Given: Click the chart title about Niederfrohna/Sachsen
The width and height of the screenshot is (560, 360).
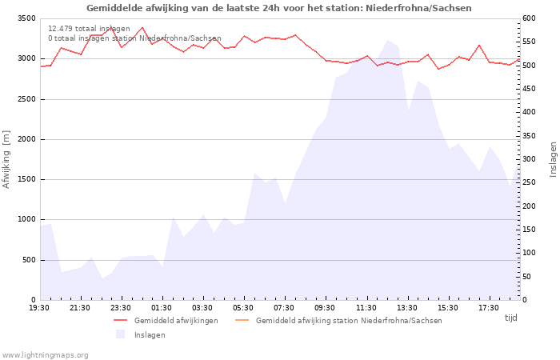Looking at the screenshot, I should tap(278, 8).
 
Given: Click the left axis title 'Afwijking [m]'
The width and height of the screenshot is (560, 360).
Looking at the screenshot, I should tap(6, 160).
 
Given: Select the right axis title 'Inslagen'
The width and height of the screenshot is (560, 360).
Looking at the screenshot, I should tap(553, 158).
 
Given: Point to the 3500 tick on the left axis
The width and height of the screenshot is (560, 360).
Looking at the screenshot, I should tap(26, 18).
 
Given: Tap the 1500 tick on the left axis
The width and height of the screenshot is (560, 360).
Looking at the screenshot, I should tap(26, 179).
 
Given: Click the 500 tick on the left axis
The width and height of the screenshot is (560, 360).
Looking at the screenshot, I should tap(28, 260).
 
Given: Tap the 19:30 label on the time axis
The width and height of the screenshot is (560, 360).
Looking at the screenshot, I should tap(39, 308).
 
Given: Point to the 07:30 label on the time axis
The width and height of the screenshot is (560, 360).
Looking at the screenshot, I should tap(284, 308).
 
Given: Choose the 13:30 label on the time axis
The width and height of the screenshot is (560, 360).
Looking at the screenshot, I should tap(406, 308).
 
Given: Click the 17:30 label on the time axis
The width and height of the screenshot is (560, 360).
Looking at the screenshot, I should tap(488, 308).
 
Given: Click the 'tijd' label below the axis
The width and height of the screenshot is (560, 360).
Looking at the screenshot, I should tap(510, 318).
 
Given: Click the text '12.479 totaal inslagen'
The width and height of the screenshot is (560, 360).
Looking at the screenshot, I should tap(89, 28).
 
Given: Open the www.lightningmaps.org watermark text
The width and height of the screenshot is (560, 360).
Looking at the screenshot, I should tap(46, 354).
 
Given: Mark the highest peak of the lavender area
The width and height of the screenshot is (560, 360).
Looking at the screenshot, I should tap(387, 40).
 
